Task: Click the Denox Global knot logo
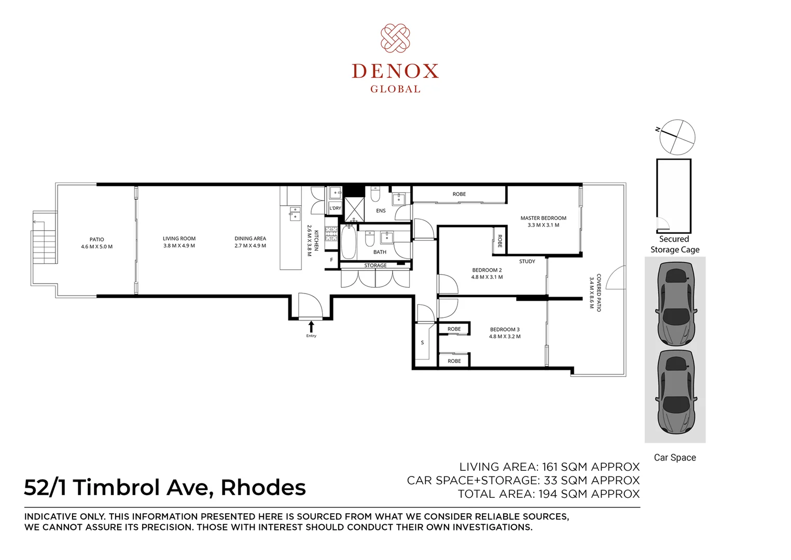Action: [395, 38]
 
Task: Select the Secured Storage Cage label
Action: [675, 244]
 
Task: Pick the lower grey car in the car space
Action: [675, 391]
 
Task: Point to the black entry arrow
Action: [311, 326]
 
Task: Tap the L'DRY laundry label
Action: [335, 208]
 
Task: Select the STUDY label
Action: [527, 261]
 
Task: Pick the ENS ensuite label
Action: [381, 211]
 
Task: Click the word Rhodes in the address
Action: [263, 488]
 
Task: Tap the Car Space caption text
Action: [675, 457]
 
